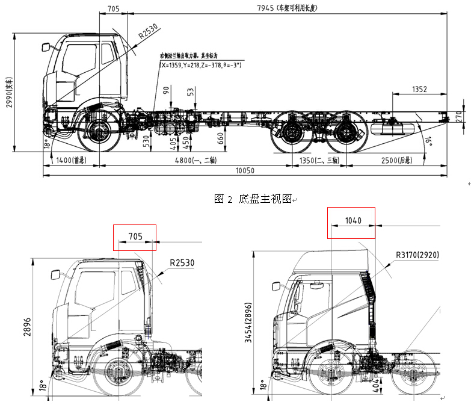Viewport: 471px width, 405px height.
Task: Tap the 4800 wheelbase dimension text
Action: pyautogui.click(x=197, y=161)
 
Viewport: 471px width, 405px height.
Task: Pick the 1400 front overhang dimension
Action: pyautogui.click(x=71, y=161)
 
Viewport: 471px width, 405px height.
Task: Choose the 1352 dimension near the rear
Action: pyautogui.click(x=419, y=89)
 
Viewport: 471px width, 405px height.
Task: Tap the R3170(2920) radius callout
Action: pyautogui.click(x=417, y=255)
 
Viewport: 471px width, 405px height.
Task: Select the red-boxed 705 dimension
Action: pyautogui.click(x=135, y=237)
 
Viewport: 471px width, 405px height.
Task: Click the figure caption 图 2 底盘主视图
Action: pyautogui.click(x=253, y=199)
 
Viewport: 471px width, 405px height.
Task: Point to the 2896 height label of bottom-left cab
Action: pyautogui.click(x=26, y=329)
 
